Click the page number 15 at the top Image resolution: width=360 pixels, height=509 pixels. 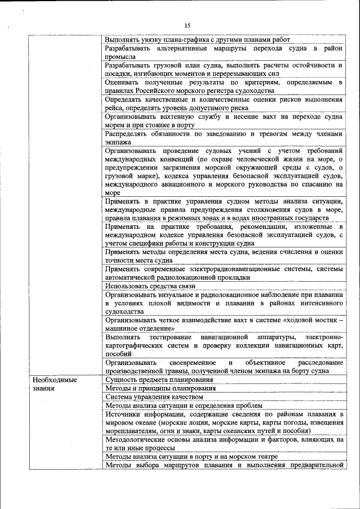(x=188, y=25)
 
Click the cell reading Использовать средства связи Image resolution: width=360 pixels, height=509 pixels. (x=150, y=286)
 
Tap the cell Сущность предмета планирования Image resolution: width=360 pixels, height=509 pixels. (x=155, y=380)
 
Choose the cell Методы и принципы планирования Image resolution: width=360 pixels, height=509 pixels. (x=160, y=388)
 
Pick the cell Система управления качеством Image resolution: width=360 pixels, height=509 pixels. (x=154, y=397)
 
